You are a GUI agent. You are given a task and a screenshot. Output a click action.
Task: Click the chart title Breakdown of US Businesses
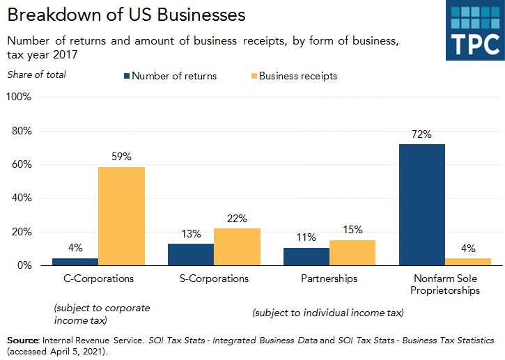point(127,15)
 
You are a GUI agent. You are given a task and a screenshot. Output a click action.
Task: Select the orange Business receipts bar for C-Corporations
point(121,216)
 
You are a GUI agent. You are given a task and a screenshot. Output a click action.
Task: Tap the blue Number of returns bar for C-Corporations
point(75,262)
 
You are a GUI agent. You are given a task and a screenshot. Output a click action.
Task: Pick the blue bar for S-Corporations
point(191,254)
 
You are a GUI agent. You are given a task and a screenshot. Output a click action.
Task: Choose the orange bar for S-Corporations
point(237,246)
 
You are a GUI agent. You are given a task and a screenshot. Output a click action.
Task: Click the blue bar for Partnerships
point(306,256)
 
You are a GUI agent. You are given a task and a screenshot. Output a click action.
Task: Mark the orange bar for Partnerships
point(352,253)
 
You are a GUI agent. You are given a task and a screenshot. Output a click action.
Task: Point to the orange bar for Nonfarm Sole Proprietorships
point(468,262)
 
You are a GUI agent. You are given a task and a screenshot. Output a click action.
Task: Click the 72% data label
point(422,134)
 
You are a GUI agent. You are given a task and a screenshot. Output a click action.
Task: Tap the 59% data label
point(121,157)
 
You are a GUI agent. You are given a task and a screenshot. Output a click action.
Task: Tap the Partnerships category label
point(329,279)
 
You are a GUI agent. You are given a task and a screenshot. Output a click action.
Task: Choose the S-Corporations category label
point(214,279)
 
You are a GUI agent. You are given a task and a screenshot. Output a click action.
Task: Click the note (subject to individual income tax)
point(327,313)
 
